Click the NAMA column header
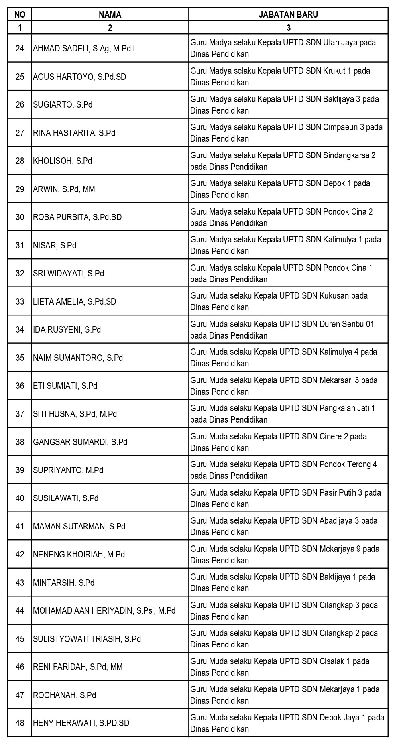tap(110, 15)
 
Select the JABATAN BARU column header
tap(288, 15)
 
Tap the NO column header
tap(20, 15)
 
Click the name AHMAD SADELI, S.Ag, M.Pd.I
tap(84, 49)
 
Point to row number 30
tap(20, 217)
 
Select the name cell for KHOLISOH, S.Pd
tap(63, 161)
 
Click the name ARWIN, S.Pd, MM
tap(64, 189)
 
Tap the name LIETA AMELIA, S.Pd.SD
tap(75, 302)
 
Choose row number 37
tap(20, 414)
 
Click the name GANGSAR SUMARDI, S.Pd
tap(80, 442)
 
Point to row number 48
tap(20, 723)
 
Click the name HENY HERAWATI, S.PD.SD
tap(81, 723)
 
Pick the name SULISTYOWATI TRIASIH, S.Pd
tap(87, 639)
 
